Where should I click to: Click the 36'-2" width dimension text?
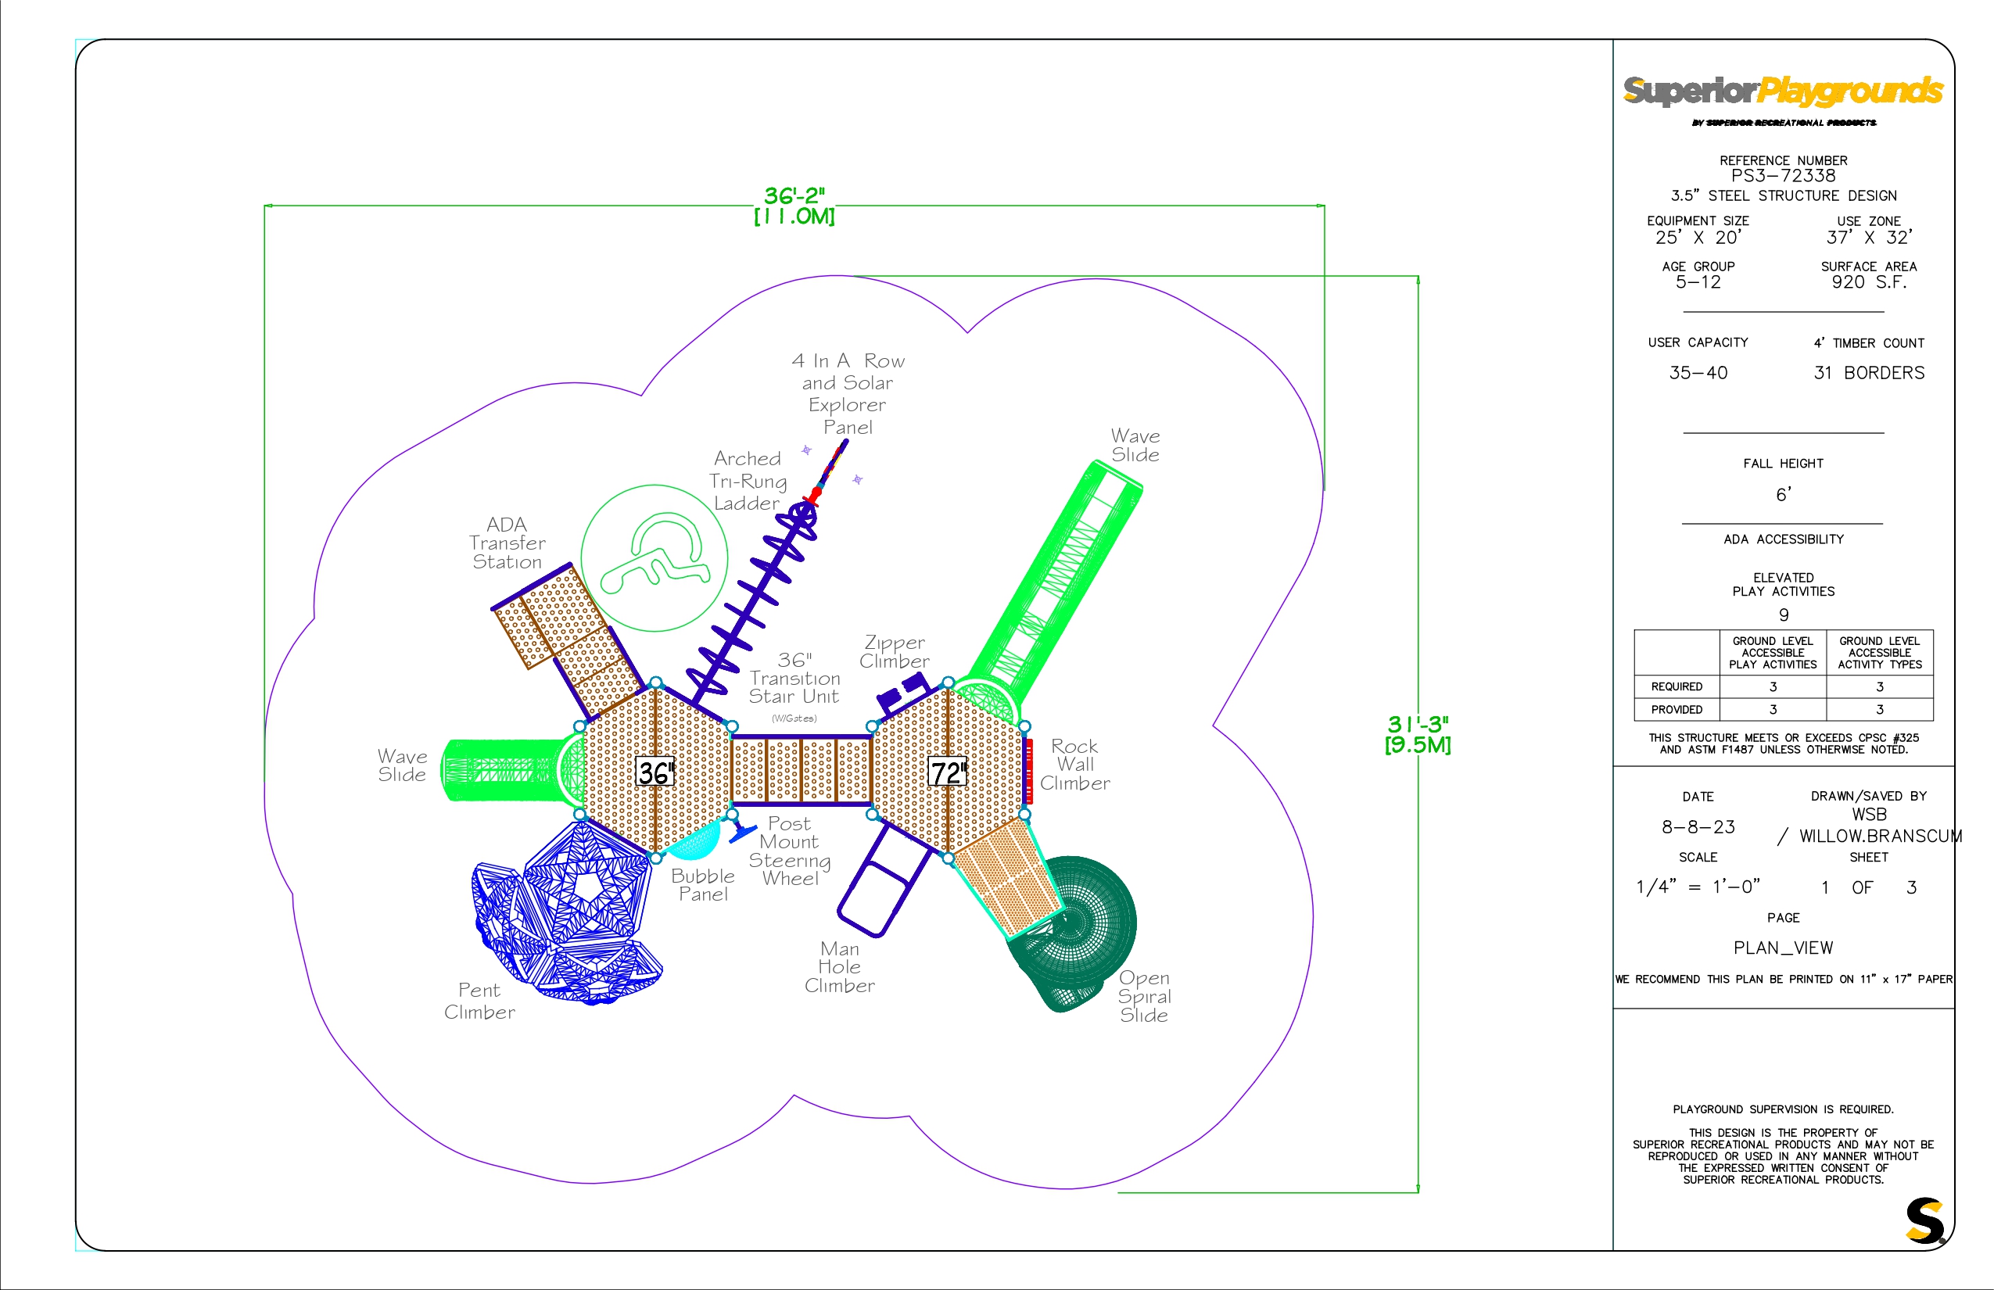pos(794,196)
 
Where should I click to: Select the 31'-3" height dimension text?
pos(1418,724)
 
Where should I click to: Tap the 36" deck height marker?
pos(655,772)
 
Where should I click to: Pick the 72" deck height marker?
pos(948,772)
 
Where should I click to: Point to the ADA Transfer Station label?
pos(507,543)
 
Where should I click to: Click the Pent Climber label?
pos(479,1001)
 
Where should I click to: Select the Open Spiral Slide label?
pos(1145,997)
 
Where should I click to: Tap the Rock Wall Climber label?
pos(1075,765)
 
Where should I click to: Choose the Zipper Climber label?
pos(894,652)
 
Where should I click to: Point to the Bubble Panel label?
pos(703,885)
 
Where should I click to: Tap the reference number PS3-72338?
pos(1783,176)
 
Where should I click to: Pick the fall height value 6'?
pos(1784,495)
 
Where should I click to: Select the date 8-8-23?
pos(1698,827)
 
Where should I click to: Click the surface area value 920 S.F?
pos(1869,282)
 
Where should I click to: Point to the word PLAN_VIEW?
pos(1783,948)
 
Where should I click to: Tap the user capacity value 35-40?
pos(1698,373)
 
